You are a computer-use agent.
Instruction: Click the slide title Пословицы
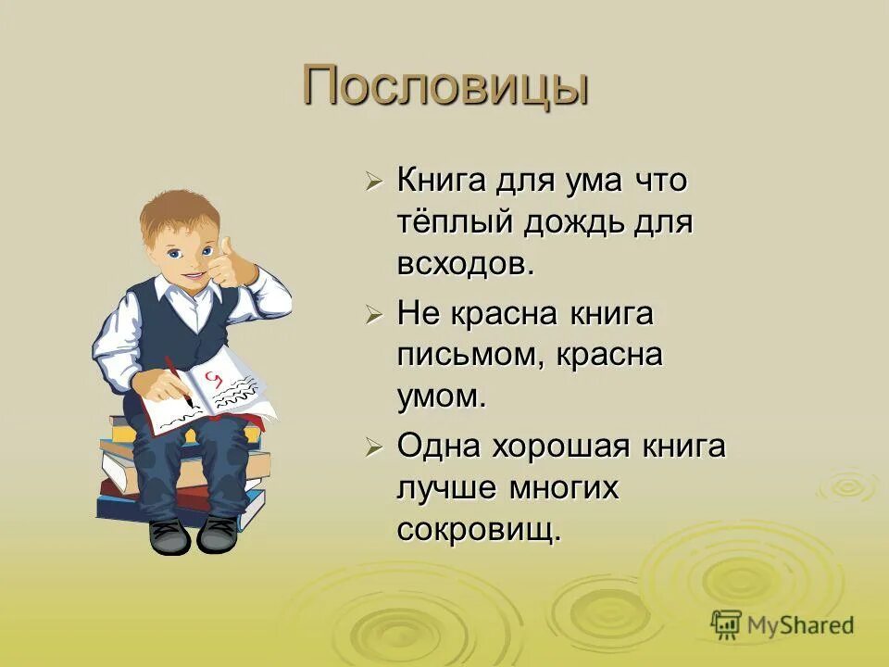[x=445, y=87]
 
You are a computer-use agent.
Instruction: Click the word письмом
[x=470, y=356]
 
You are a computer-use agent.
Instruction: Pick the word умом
[x=441, y=397]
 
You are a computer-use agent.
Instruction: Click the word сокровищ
[x=479, y=530]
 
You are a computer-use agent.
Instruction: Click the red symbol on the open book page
[x=215, y=377]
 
